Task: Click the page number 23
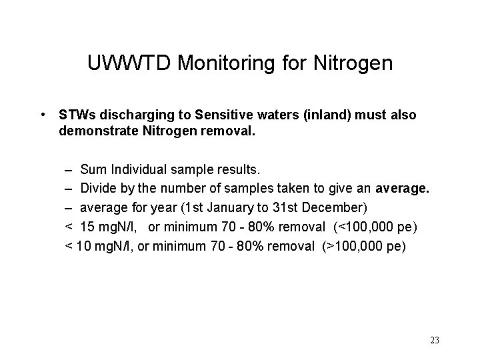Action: (x=435, y=341)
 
